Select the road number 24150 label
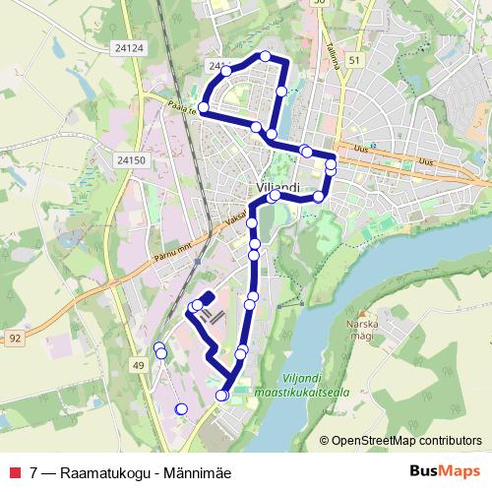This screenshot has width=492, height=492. click(130, 158)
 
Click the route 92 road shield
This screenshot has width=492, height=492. click(15, 338)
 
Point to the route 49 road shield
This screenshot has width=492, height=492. click(138, 366)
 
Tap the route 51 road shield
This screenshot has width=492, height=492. click(353, 60)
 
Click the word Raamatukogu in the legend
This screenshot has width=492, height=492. click(98, 471)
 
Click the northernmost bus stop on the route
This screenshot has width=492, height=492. click(265, 56)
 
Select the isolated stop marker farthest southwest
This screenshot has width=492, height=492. click(180, 408)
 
